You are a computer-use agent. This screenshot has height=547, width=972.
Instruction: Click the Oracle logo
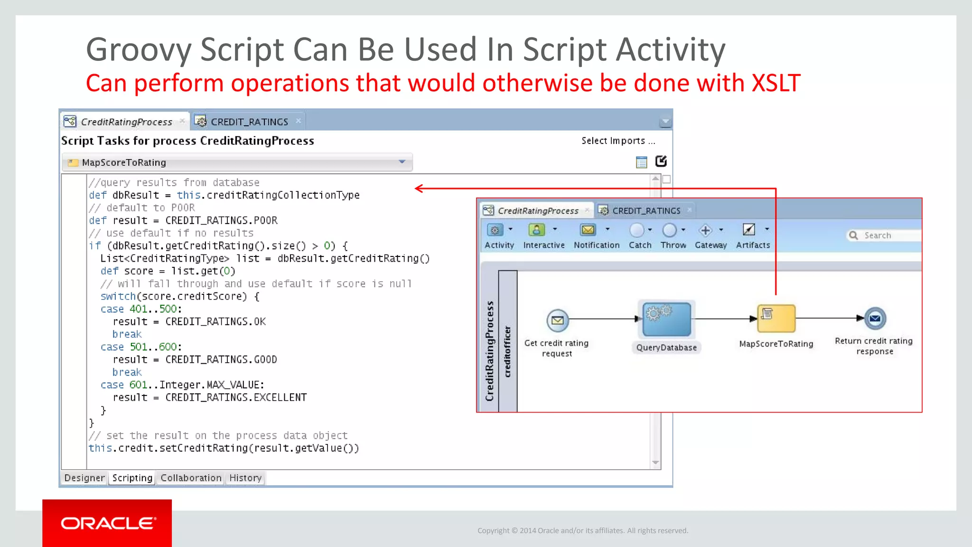(108, 523)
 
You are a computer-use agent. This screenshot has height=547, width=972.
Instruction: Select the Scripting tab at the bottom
(132, 478)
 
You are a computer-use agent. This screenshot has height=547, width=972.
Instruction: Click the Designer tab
(84, 478)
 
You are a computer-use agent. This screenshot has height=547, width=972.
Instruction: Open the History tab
(245, 478)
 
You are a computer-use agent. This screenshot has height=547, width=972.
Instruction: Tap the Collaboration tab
(191, 478)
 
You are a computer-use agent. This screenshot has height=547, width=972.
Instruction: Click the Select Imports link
(618, 141)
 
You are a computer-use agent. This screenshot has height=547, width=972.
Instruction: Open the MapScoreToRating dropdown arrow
(402, 162)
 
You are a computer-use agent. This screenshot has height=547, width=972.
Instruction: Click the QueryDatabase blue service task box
(666, 319)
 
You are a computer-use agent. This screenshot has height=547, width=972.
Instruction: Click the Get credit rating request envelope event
(558, 321)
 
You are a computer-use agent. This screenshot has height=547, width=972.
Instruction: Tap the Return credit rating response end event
(875, 319)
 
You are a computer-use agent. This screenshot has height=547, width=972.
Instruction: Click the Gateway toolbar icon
(706, 230)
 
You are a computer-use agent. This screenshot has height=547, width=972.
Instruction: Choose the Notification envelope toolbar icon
(588, 230)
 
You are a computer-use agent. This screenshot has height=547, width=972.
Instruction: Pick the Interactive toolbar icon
(536, 230)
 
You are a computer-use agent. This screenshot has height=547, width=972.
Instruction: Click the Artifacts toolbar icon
(748, 230)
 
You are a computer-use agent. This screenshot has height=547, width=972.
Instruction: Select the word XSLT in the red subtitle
(776, 83)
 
